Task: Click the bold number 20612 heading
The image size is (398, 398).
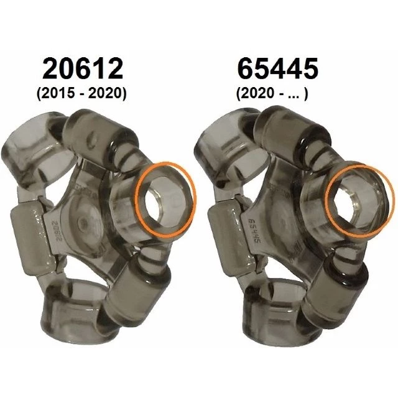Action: [83, 69]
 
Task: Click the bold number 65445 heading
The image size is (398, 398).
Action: [278, 69]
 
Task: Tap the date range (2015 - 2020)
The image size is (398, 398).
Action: [81, 93]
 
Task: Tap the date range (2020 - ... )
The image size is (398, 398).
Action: [272, 93]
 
